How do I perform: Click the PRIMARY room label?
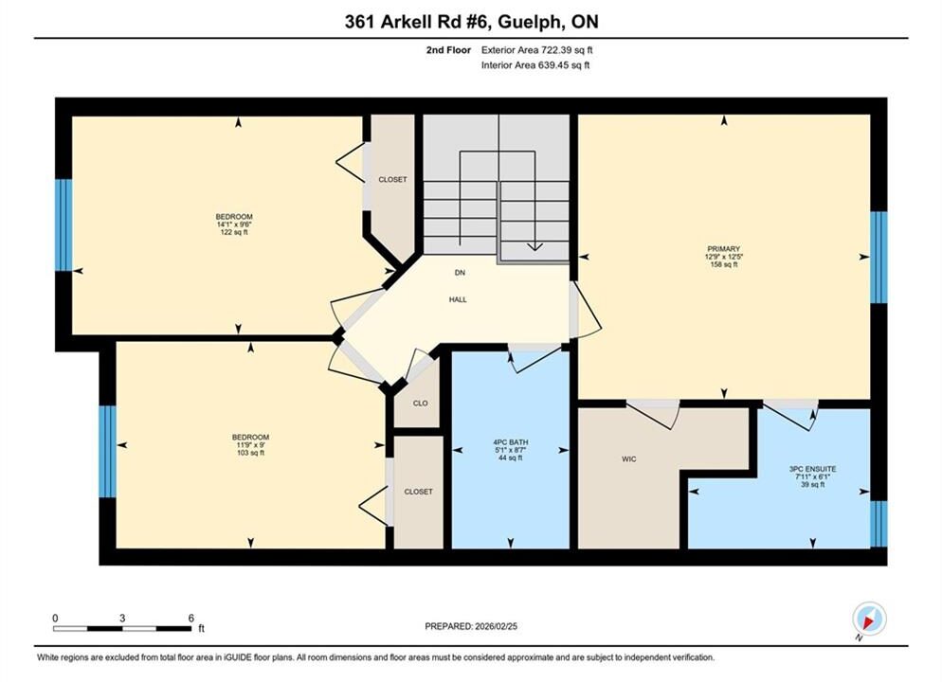coord(723,248)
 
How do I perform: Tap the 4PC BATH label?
coord(511,441)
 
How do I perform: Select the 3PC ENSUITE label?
coord(812,469)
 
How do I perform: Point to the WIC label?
coord(629,459)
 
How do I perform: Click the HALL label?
coord(458,299)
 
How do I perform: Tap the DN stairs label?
coord(460,273)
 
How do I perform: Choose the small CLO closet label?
coord(421,404)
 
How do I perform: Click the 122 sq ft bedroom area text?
coord(234,232)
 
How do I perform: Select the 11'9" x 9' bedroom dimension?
coord(250,445)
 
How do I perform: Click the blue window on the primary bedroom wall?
coord(879,257)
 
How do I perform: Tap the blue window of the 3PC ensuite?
coord(879,524)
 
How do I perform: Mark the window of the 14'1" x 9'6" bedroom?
coord(63,225)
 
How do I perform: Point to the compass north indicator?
coord(869,619)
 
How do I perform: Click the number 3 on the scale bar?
coord(122,619)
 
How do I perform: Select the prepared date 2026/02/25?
coord(497,626)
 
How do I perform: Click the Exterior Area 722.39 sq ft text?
coord(537,50)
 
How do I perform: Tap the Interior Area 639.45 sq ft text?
coord(535,65)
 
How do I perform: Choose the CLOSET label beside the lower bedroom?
coord(418,492)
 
